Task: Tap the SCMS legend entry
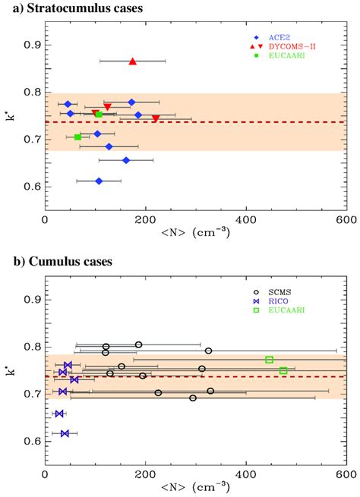point(292,291)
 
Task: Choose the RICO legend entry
point(292,300)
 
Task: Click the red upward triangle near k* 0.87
point(133,61)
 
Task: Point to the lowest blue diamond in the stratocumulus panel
point(99,181)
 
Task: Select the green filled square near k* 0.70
point(77,137)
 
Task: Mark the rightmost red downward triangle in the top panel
point(156,118)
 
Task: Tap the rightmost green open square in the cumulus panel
point(283,371)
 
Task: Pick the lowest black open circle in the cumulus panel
point(193,398)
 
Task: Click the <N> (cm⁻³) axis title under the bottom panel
point(194,488)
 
